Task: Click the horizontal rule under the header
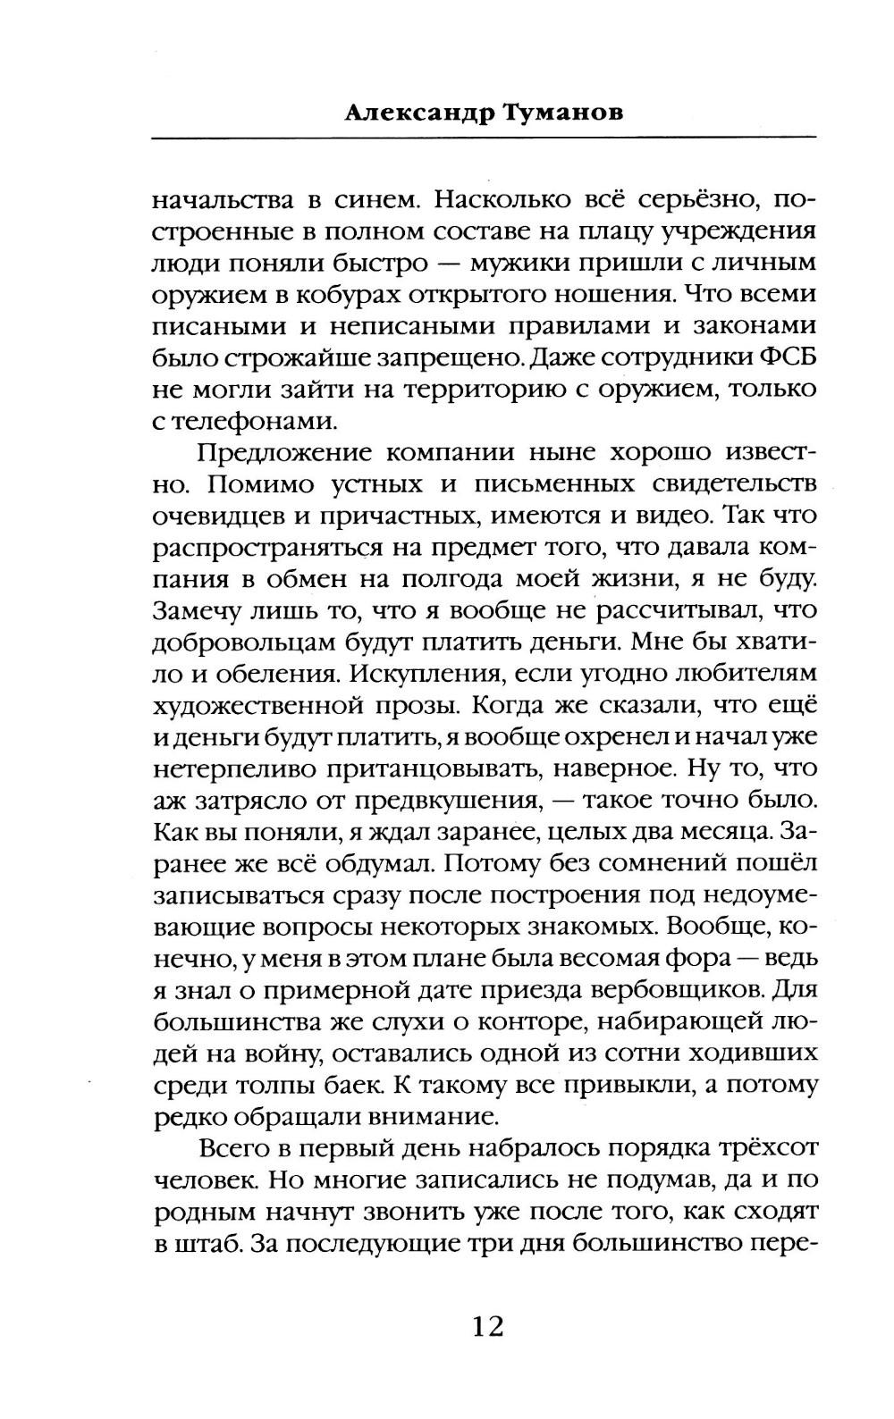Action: (x=484, y=137)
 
